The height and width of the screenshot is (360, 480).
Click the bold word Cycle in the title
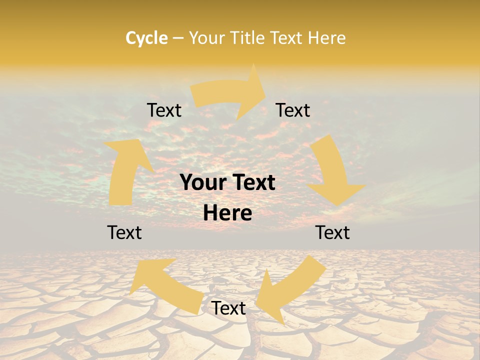tap(146, 38)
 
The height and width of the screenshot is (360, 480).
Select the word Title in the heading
tap(247, 38)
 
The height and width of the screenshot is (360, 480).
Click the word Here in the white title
tap(327, 38)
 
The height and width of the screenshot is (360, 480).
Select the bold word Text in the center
tap(253, 182)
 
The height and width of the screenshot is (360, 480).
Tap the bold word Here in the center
tap(227, 213)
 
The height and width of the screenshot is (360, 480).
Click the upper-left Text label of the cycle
tap(164, 110)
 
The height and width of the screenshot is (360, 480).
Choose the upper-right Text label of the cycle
tap(293, 110)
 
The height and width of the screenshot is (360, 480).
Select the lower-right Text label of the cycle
tap(332, 232)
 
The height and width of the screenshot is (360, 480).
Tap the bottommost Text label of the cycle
tap(228, 308)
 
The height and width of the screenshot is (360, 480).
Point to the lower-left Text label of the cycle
tap(124, 232)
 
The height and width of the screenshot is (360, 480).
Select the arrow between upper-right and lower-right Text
tap(332, 170)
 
